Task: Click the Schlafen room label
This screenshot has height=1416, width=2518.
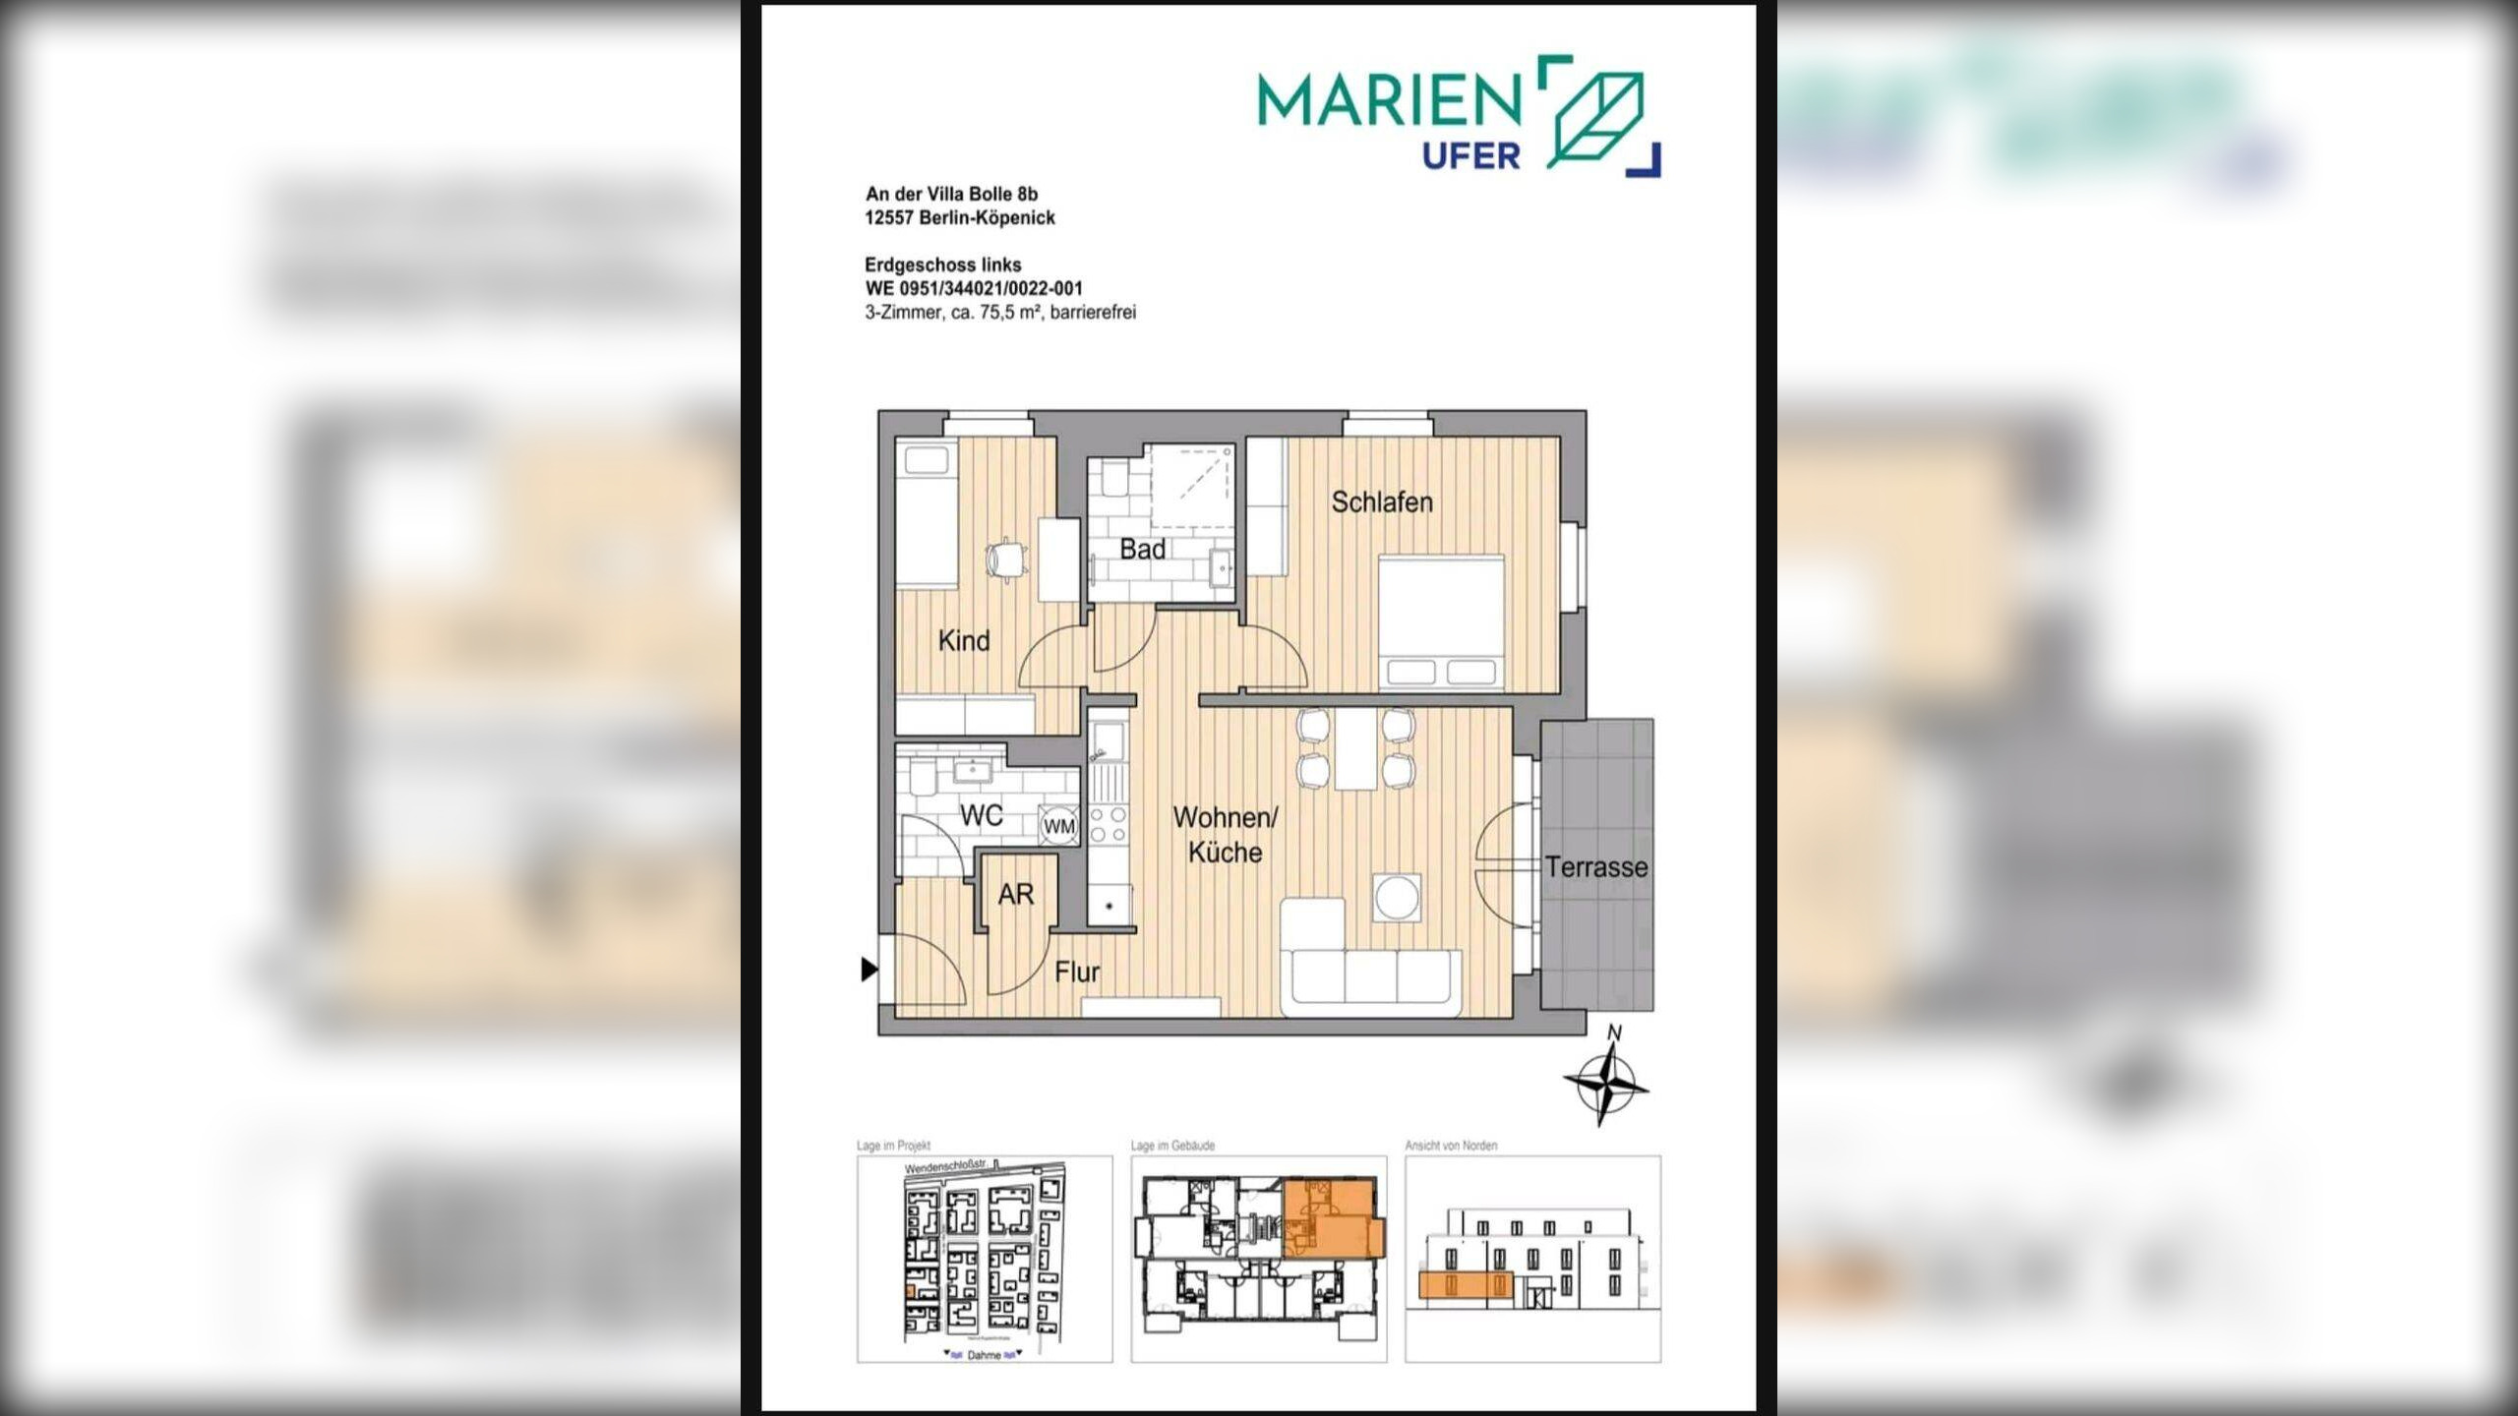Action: pyautogui.click(x=1381, y=502)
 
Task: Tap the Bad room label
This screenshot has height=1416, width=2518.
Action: pyautogui.click(x=1142, y=550)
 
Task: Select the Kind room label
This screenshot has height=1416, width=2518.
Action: pyautogui.click(x=963, y=641)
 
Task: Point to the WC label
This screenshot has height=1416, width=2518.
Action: pyautogui.click(x=981, y=815)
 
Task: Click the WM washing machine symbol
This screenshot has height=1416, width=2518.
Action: pyautogui.click(x=1058, y=827)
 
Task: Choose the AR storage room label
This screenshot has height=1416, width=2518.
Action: pyautogui.click(x=1015, y=895)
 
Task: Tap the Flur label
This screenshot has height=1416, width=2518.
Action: pyautogui.click(x=1076, y=973)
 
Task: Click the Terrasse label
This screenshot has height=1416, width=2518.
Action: pyautogui.click(x=1595, y=867)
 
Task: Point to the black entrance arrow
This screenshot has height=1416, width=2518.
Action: pyautogui.click(x=869, y=970)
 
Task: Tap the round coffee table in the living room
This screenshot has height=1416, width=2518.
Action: pyautogui.click(x=1397, y=897)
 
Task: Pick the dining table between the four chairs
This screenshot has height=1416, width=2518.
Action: pyautogui.click(x=1355, y=748)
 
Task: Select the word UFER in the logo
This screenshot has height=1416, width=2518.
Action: pyautogui.click(x=1470, y=155)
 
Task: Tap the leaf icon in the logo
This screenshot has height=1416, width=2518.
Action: pyautogui.click(x=1597, y=116)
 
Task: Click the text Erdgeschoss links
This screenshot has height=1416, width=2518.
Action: pyautogui.click(x=942, y=265)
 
